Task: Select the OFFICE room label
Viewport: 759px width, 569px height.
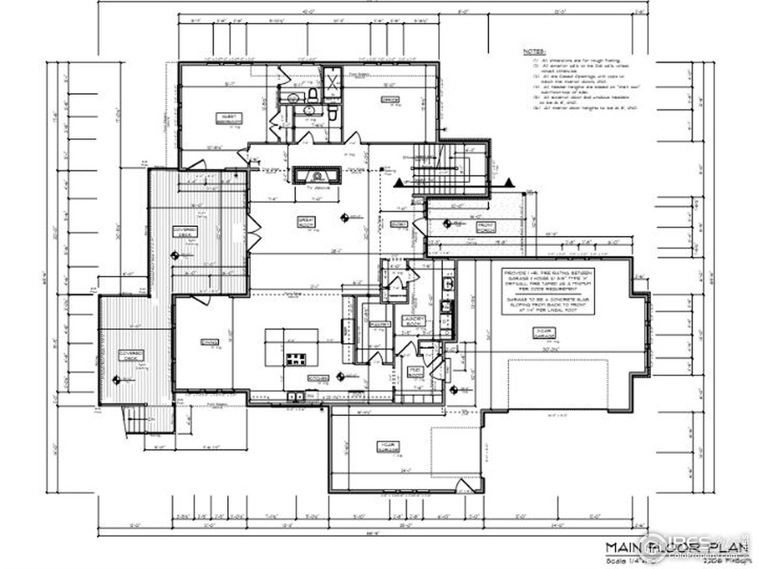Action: pyautogui.click(x=390, y=100)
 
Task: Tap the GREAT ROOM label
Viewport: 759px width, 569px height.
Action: pyautogui.click(x=305, y=222)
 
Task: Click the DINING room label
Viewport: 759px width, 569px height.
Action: pyautogui.click(x=208, y=343)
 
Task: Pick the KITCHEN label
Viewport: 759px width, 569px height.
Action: pyautogui.click(x=314, y=378)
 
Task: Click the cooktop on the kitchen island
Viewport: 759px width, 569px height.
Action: pyautogui.click(x=295, y=359)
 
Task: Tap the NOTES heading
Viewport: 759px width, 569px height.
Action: pyautogui.click(x=535, y=52)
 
